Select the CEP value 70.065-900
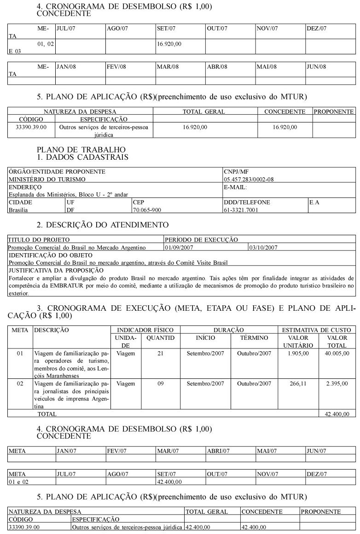pos(147,210)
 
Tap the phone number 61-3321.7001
pos(241,210)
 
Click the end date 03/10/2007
pos(262,248)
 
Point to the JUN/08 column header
pos(316,67)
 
